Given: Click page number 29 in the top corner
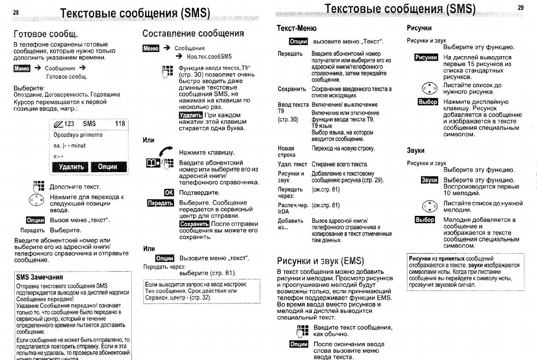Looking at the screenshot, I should click(520, 7).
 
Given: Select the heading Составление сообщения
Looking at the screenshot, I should click(193, 33).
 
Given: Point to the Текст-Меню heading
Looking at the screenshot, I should click(296, 28).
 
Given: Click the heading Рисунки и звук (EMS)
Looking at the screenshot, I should click(320, 261).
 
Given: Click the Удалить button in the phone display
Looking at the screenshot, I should click(70, 167).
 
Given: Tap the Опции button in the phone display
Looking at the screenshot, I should click(108, 167).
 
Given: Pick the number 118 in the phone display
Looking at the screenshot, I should click(120, 123).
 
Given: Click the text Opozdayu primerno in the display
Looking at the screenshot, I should click(78, 135).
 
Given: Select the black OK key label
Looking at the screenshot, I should click(169, 192).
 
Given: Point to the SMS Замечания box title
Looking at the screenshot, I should click(40, 278).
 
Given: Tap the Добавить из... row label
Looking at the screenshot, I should click(290, 224).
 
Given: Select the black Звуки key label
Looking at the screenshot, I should click(429, 180).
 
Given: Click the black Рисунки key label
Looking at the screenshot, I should click(426, 58).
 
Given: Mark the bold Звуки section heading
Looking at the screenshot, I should click(415, 151).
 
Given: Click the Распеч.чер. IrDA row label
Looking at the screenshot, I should click(292, 208).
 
